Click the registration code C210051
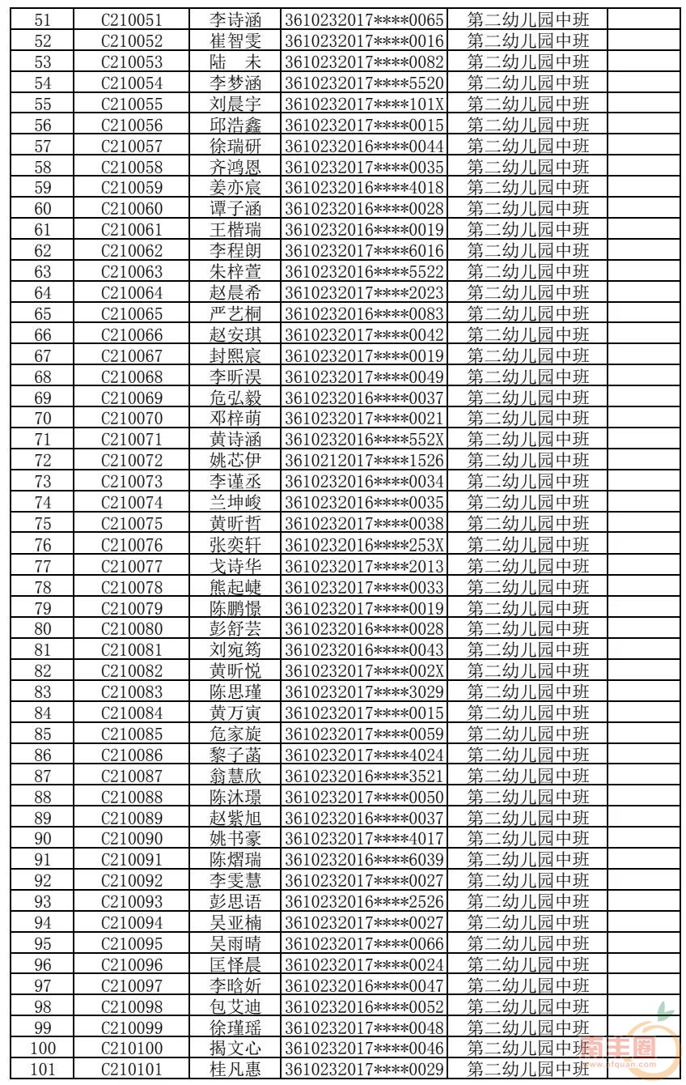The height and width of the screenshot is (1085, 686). click(131, 19)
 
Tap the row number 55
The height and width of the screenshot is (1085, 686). click(43, 104)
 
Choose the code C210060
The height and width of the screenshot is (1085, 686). click(131, 209)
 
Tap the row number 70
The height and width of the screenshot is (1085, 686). click(43, 419)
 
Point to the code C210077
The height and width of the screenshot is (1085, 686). click(131, 565)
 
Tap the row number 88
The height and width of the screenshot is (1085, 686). click(43, 797)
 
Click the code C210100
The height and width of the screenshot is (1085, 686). click(131, 1049)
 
